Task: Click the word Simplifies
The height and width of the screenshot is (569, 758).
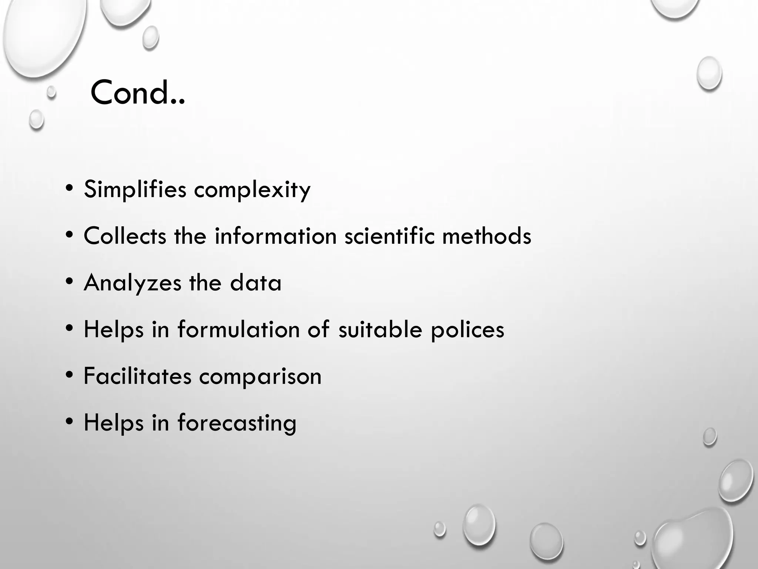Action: click(135, 189)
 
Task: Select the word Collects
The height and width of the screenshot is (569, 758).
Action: click(125, 236)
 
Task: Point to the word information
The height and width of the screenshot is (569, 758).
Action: click(275, 236)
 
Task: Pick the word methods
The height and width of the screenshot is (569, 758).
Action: click(487, 236)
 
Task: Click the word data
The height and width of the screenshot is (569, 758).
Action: click(255, 283)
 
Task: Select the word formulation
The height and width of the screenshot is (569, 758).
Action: click(238, 329)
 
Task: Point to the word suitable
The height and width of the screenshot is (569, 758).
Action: click(380, 329)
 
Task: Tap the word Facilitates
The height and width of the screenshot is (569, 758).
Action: click(137, 376)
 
